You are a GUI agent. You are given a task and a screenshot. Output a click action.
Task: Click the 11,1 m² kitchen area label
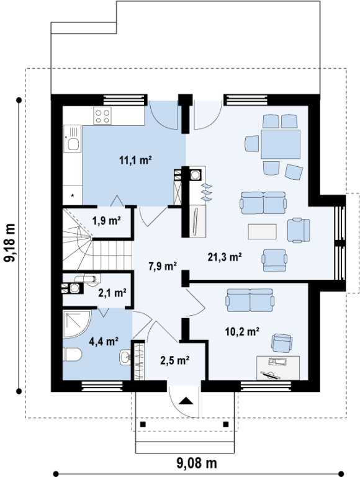click(135, 160)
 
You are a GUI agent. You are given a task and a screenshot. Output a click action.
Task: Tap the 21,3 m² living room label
click(225, 257)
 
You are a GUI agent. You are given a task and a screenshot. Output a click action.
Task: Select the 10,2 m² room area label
click(242, 331)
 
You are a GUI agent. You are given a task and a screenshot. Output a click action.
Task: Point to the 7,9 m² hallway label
click(163, 267)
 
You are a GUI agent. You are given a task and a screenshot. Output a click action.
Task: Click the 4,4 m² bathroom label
click(104, 342)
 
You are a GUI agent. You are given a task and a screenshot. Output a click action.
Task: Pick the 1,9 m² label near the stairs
click(107, 221)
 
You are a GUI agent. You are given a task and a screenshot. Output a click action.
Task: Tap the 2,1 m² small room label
click(112, 293)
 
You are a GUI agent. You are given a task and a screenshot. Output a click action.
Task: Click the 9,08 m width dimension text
click(197, 463)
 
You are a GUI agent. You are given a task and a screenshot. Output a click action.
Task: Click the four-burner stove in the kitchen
click(102, 116)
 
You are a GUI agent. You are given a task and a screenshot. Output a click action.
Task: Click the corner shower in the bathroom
click(77, 324)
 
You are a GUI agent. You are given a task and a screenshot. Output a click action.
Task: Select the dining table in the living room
click(281, 144)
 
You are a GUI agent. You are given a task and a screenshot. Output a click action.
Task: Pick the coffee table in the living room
click(263, 231)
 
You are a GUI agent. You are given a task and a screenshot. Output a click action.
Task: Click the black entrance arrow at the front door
click(186, 401)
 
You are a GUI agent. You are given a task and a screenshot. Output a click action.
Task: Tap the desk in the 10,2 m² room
click(278, 368)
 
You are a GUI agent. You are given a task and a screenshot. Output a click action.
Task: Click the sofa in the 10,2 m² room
click(250, 300)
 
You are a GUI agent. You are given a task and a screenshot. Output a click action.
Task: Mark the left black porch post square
click(143, 424)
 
